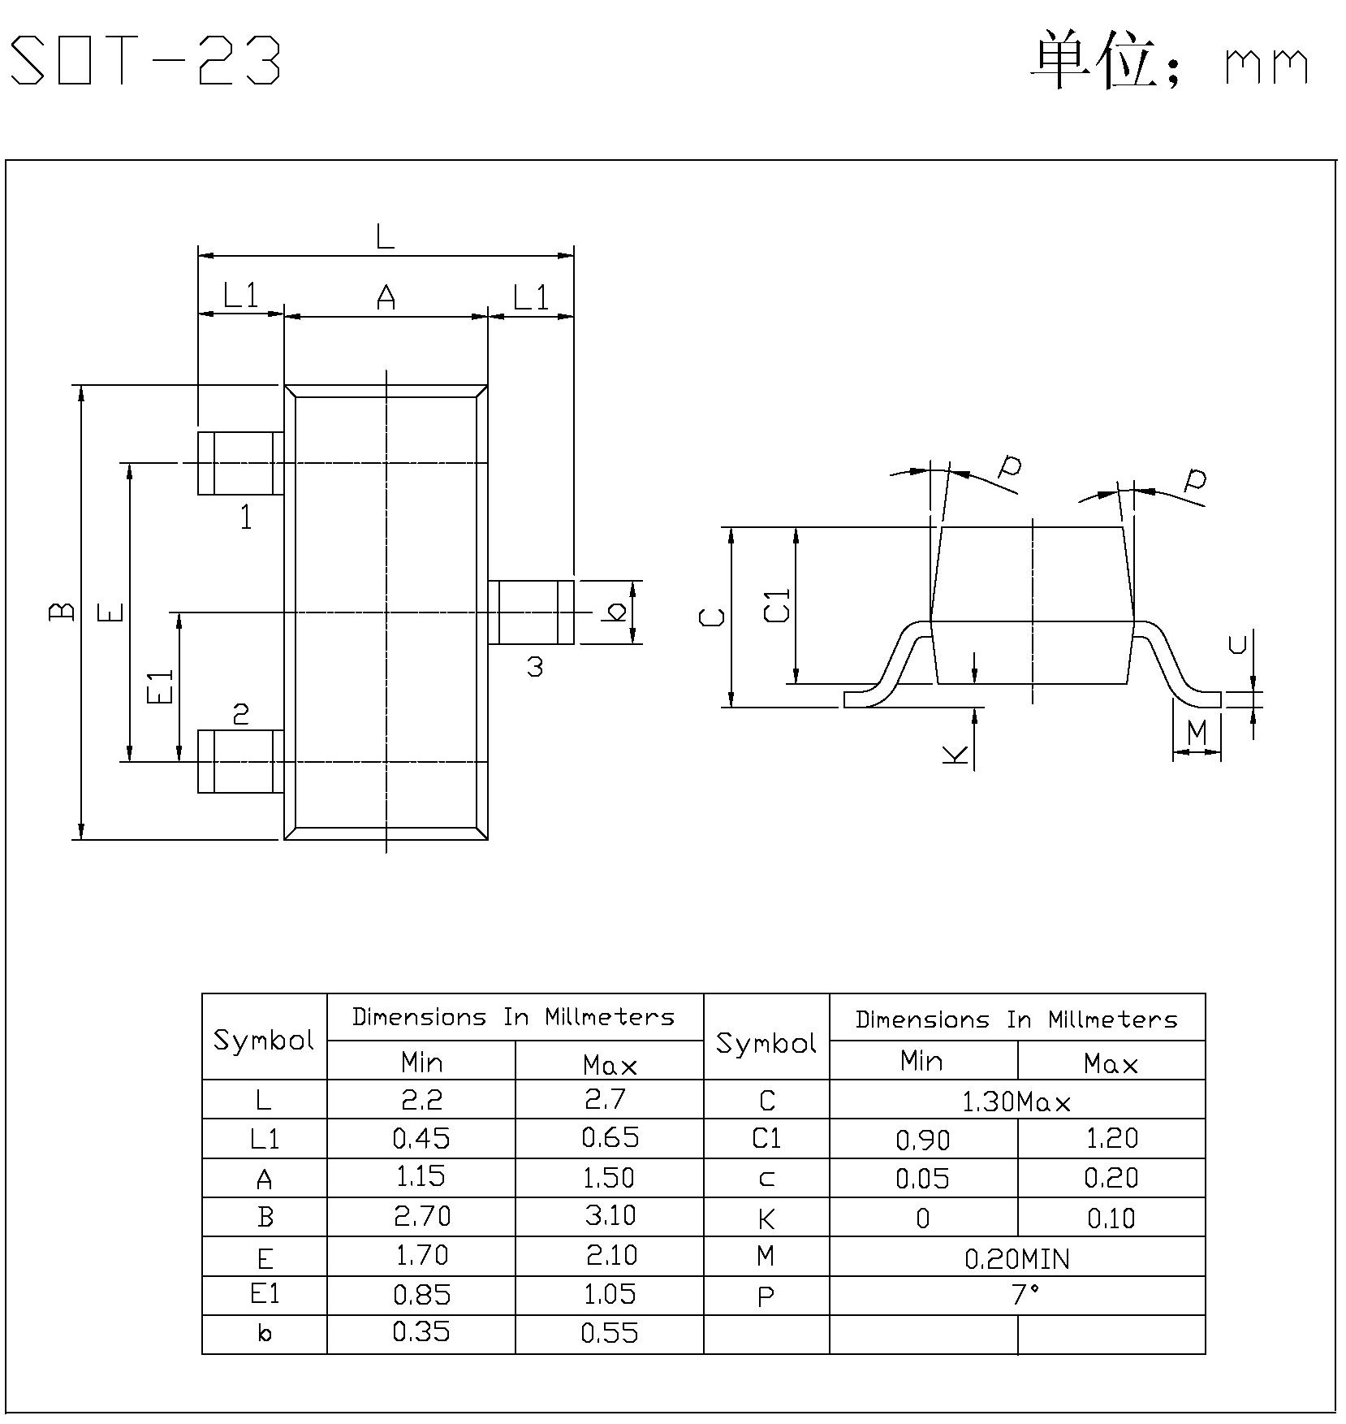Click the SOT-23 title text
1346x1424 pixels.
pyautogui.click(x=146, y=61)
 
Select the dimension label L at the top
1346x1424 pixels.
pyautogui.click(x=385, y=237)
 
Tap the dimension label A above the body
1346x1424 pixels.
pyautogui.click(x=386, y=298)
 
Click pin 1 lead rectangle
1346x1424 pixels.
pyautogui.click(x=241, y=463)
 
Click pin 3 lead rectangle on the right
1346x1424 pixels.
pyautogui.click(x=531, y=612)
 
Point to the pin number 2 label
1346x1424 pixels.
pyautogui.click(x=240, y=714)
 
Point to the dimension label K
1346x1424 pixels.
pyautogui.click(x=956, y=753)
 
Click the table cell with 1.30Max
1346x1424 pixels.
pyautogui.click(x=1016, y=1102)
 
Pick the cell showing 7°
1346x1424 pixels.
pyautogui.click(x=1016, y=1295)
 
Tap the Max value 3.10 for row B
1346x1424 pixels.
pyautogui.click(x=610, y=1216)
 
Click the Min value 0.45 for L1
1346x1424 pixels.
pyautogui.click(x=421, y=1139)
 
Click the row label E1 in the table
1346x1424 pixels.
pyautogui.click(x=265, y=1294)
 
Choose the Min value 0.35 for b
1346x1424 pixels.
pyautogui.click(x=421, y=1332)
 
